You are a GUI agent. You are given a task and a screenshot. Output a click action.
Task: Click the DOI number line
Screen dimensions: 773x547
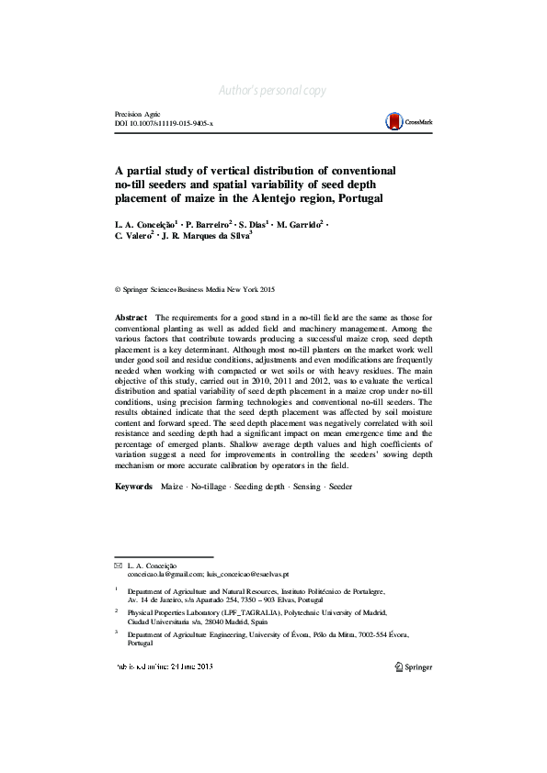pyautogui.click(x=163, y=123)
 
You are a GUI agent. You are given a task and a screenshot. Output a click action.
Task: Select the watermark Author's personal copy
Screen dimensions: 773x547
pyautogui.click(x=273, y=90)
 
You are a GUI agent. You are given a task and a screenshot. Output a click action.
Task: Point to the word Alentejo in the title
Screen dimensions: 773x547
pyautogui.click(x=267, y=198)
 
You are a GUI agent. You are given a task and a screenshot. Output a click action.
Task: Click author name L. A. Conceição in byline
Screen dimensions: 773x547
pyautogui.click(x=145, y=225)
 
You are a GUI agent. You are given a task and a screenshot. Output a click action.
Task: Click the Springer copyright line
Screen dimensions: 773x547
pyautogui.click(x=195, y=288)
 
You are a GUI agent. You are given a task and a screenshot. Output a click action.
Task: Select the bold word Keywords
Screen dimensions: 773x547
pyautogui.click(x=133, y=487)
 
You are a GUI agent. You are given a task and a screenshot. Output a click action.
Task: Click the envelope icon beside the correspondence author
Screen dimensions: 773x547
pyautogui.click(x=118, y=565)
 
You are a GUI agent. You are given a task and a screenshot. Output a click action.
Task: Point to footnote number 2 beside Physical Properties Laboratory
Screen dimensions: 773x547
pyautogui.click(x=117, y=609)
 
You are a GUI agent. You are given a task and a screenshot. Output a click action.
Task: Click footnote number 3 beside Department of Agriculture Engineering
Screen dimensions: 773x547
pyautogui.click(x=117, y=633)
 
